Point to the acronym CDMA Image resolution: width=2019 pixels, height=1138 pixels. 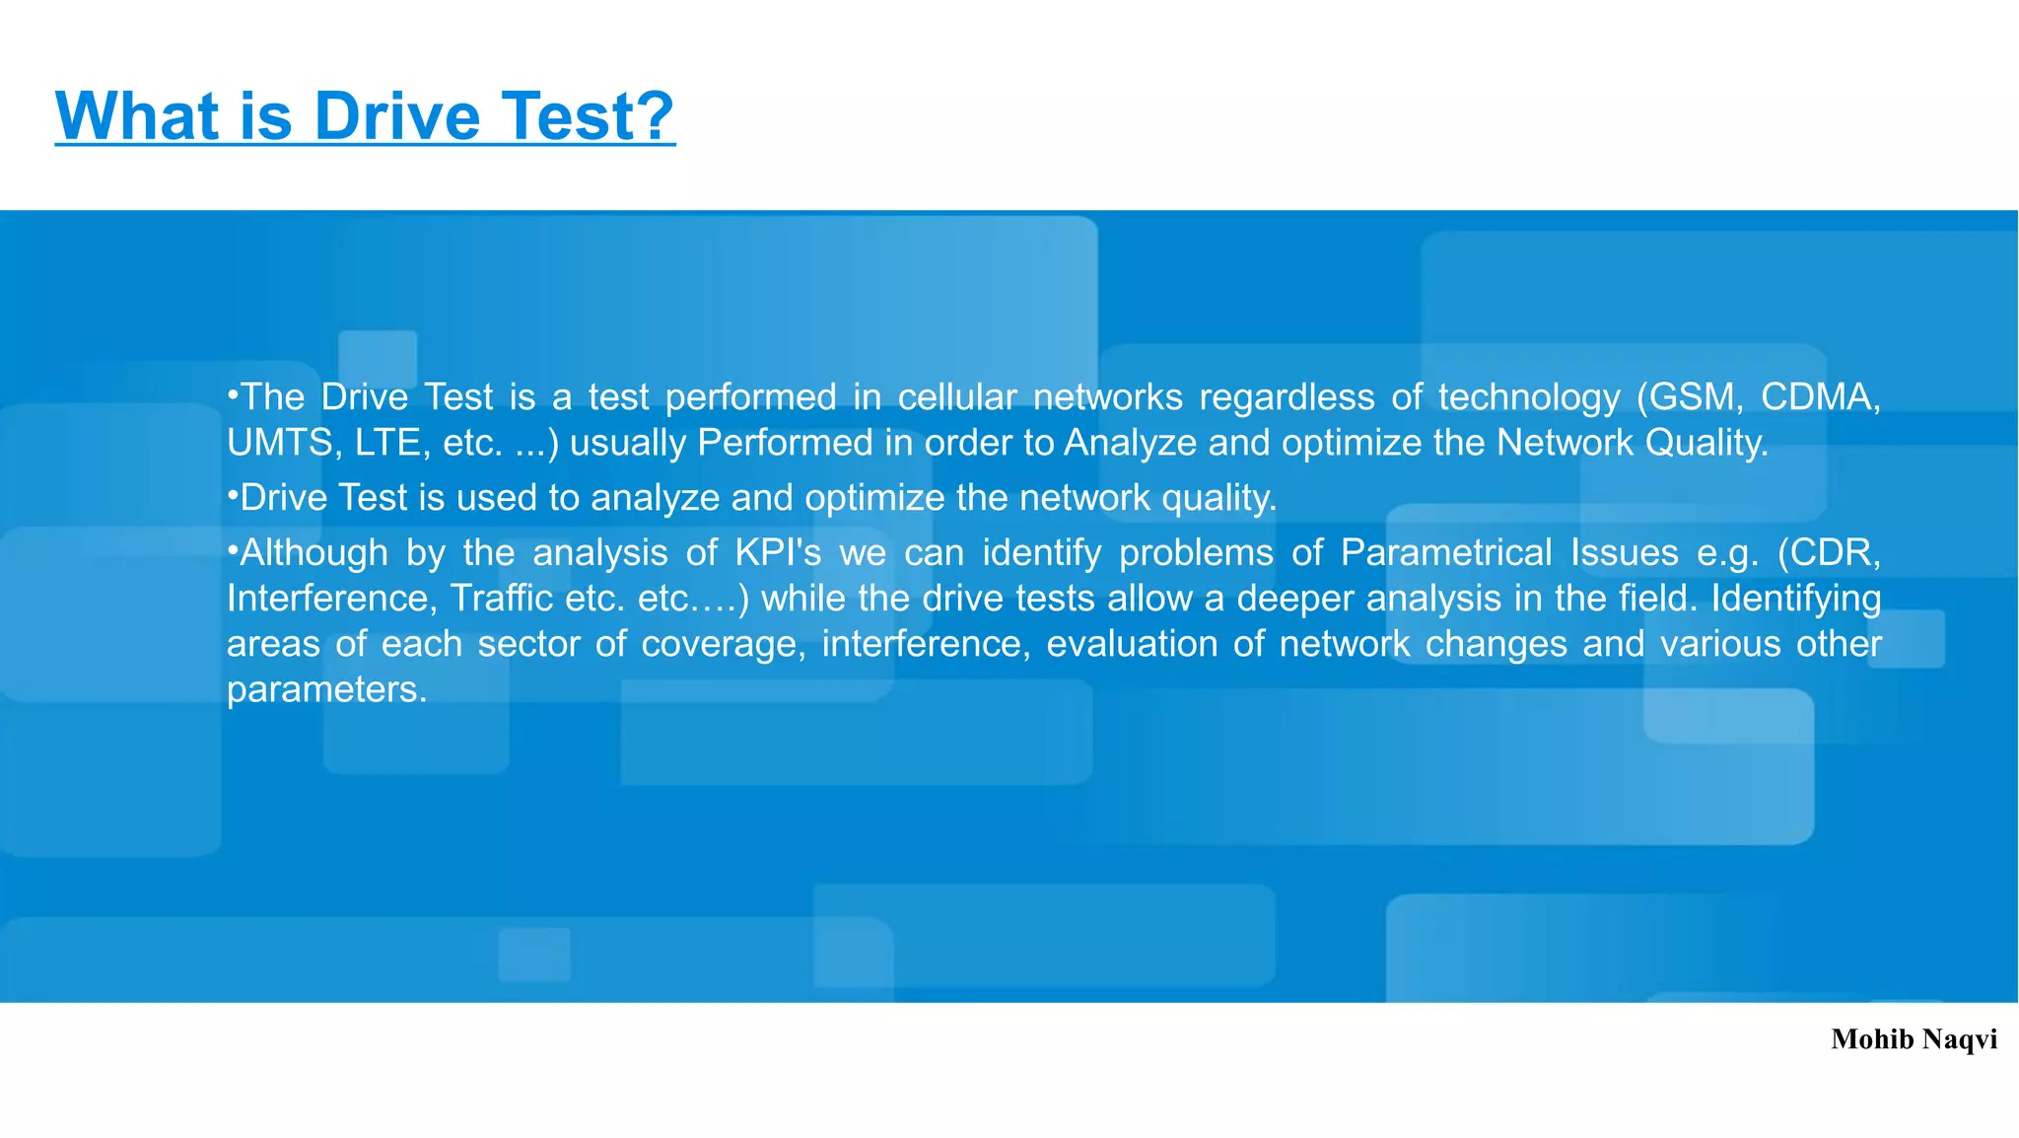1820,397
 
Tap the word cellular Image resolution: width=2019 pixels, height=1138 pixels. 956,397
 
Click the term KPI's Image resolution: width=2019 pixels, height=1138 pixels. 778,553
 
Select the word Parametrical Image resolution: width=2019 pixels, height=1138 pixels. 1446,553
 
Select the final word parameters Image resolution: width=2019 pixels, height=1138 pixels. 325,690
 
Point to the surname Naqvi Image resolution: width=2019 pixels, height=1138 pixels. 1960,1040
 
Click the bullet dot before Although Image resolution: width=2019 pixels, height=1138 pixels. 233,548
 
